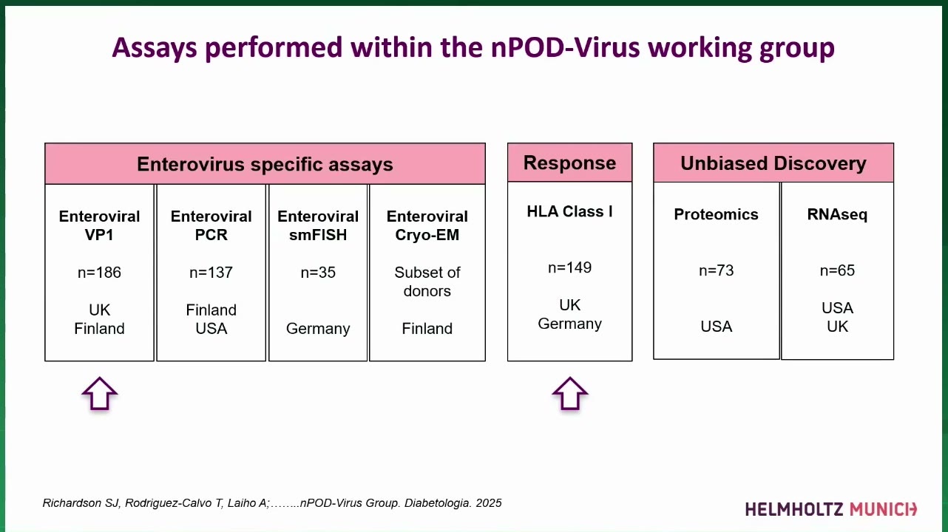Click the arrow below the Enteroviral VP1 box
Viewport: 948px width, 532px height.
pyautogui.click(x=99, y=394)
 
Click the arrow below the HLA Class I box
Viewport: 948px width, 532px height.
pyautogui.click(x=569, y=394)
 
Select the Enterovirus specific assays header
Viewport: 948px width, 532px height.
pyautogui.click(x=265, y=163)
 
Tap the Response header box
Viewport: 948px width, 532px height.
pyautogui.click(x=569, y=163)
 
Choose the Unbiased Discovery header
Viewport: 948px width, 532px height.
pyautogui.click(x=773, y=163)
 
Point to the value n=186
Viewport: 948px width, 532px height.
pyautogui.click(x=99, y=273)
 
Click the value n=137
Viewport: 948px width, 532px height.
pyautogui.click(x=211, y=273)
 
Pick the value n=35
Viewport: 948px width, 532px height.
pyautogui.click(x=318, y=273)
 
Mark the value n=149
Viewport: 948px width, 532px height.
pyautogui.click(x=569, y=267)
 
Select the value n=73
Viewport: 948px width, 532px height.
pyautogui.click(x=716, y=270)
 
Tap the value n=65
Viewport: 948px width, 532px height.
pyautogui.click(x=837, y=270)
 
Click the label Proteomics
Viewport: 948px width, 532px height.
pyautogui.click(x=716, y=214)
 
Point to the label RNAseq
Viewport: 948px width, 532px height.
pyautogui.click(x=837, y=215)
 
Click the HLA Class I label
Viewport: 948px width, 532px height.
pyautogui.click(x=569, y=211)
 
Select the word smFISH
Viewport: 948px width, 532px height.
pyautogui.click(x=318, y=235)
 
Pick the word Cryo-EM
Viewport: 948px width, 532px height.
pyautogui.click(x=427, y=235)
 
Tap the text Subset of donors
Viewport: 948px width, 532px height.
pyautogui.click(x=427, y=282)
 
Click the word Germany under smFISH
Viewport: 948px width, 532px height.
pyautogui.click(x=318, y=329)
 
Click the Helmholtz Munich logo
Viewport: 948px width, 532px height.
pyautogui.click(x=831, y=509)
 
